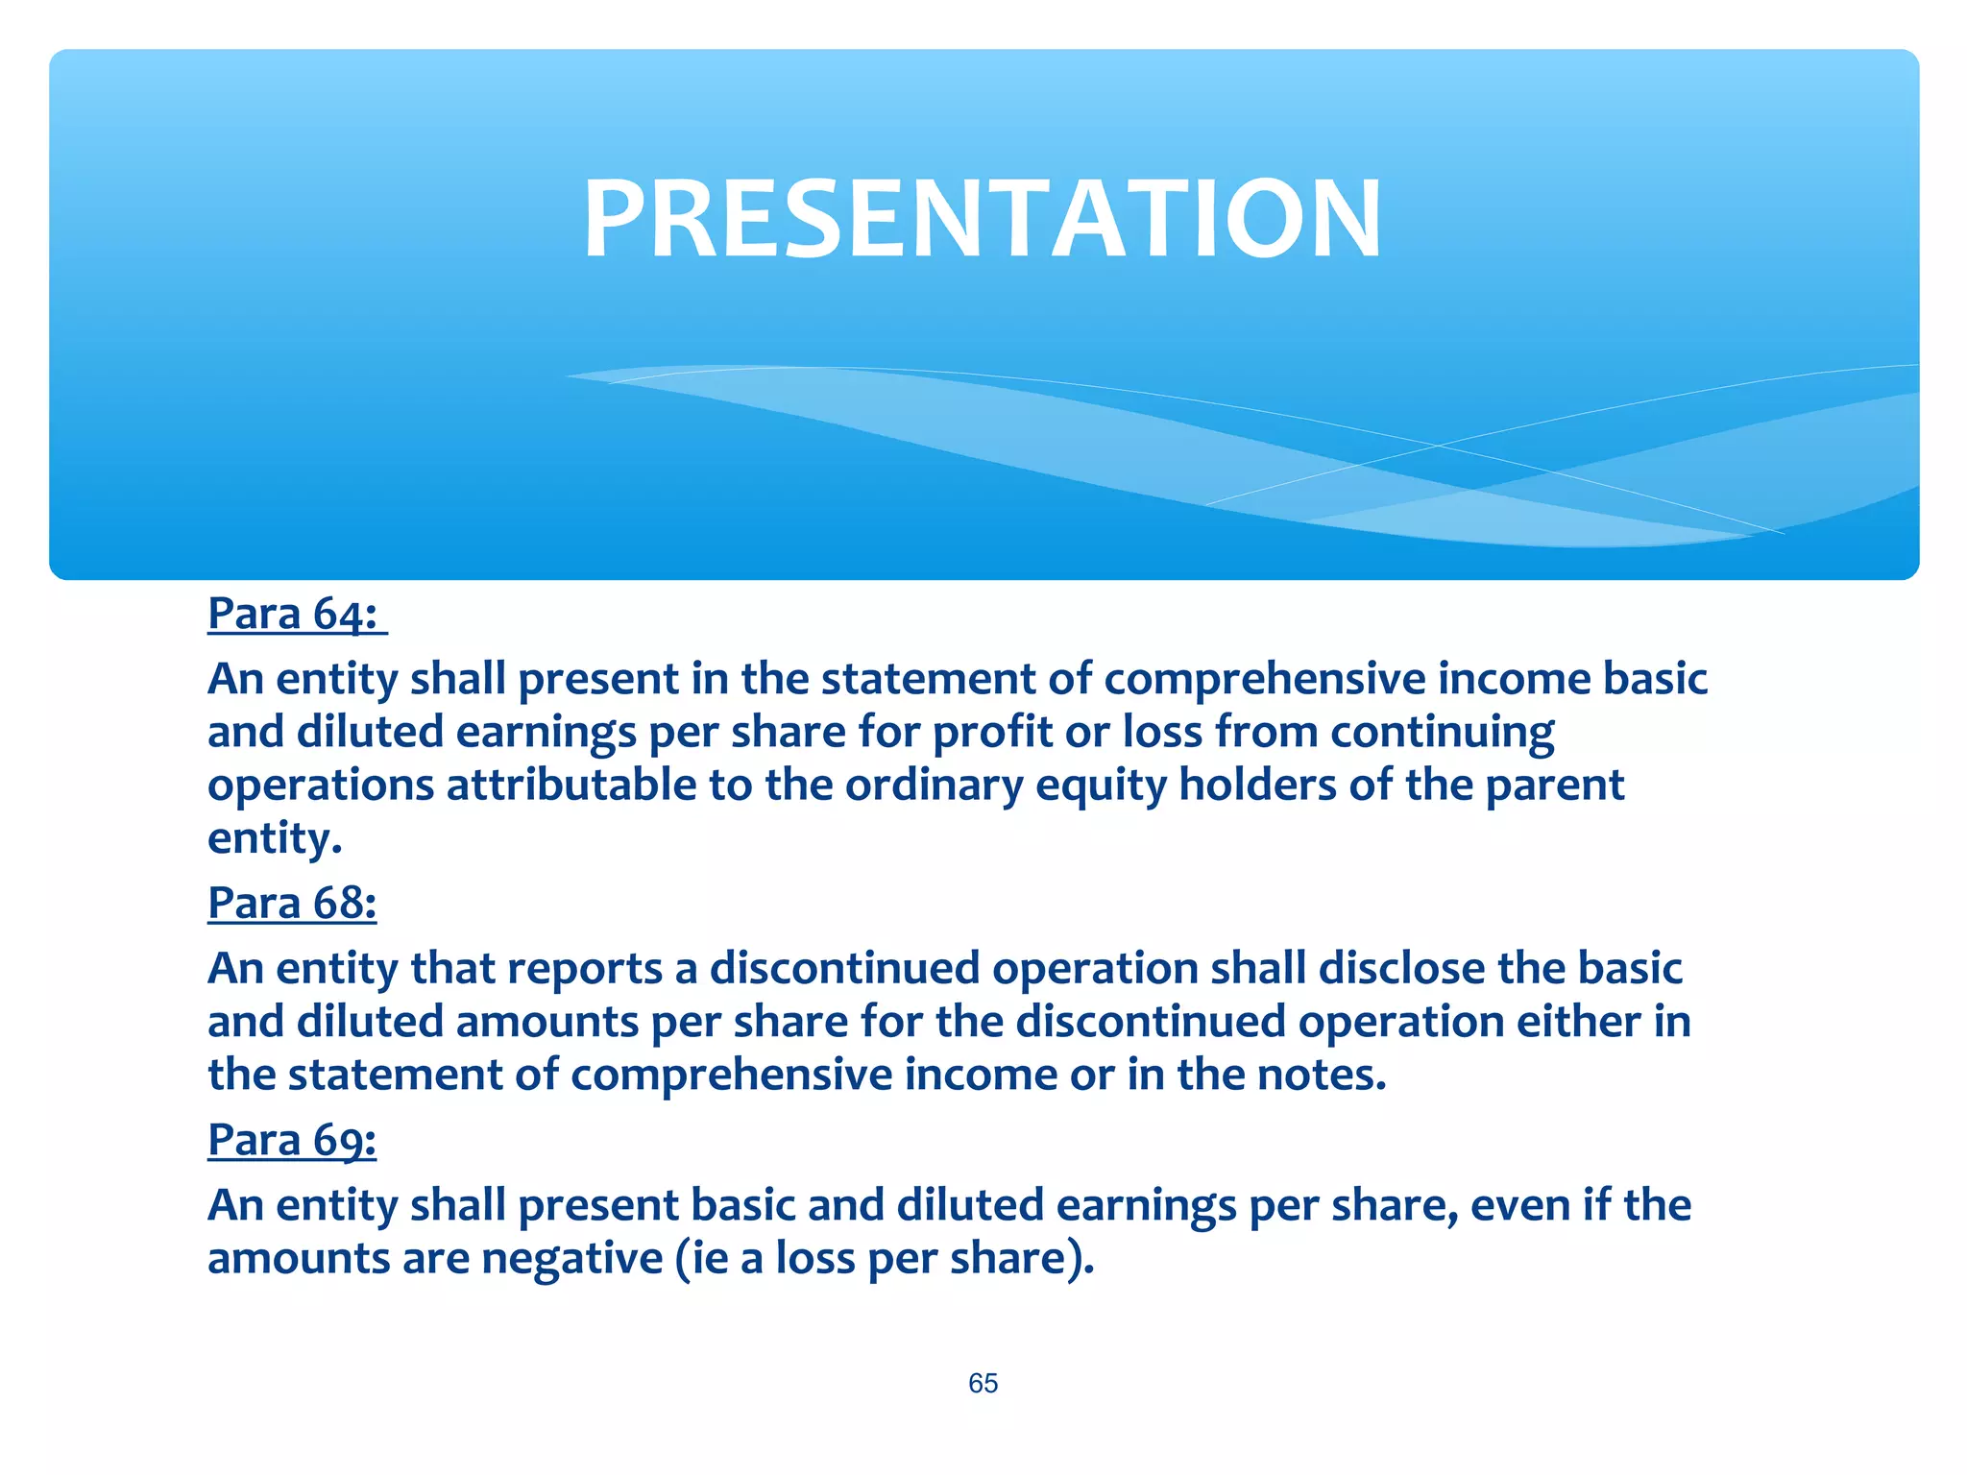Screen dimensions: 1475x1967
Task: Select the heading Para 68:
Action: (292, 903)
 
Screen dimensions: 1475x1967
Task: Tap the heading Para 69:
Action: (292, 1140)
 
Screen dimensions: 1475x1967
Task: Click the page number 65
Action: (983, 1383)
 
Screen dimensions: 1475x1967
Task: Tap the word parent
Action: (1554, 786)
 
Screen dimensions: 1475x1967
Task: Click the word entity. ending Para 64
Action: (275, 838)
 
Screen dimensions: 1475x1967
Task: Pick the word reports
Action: (585, 968)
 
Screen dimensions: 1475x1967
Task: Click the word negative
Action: (572, 1259)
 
